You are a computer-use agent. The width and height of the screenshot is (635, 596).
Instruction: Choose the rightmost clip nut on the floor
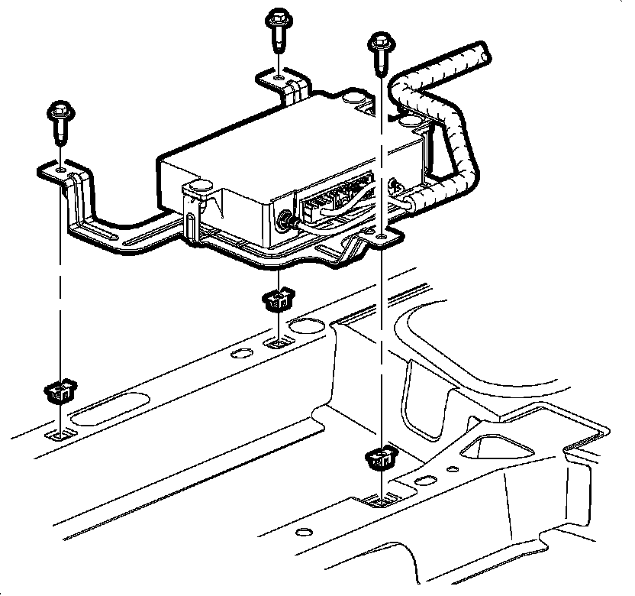point(379,458)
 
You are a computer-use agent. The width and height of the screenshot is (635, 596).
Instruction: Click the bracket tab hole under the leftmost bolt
point(60,166)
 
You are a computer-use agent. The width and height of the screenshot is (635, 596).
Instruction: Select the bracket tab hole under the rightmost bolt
point(380,240)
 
